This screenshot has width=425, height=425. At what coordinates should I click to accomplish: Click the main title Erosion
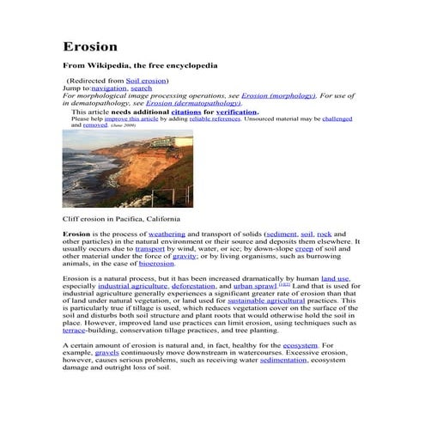click(x=90, y=46)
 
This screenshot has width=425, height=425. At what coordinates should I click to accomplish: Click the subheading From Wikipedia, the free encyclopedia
click(x=140, y=65)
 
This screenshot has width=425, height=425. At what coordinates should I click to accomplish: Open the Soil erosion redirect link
click(x=147, y=80)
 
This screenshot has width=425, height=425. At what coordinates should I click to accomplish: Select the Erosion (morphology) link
click(x=278, y=95)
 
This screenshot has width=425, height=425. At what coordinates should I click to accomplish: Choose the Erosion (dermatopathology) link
click(x=193, y=103)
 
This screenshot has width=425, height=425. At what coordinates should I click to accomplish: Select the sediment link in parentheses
click(x=282, y=234)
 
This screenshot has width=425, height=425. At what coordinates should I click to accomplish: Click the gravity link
click(x=185, y=256)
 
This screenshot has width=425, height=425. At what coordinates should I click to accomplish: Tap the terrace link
click(x=74, y=330)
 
